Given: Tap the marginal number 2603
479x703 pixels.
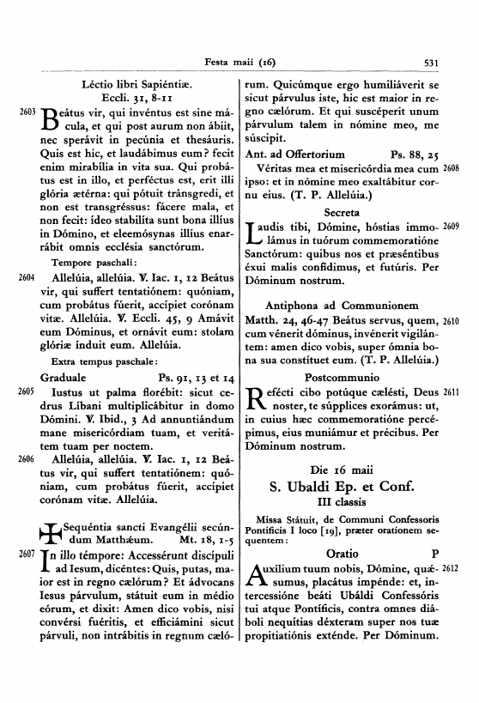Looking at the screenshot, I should (x=26, y=112).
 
